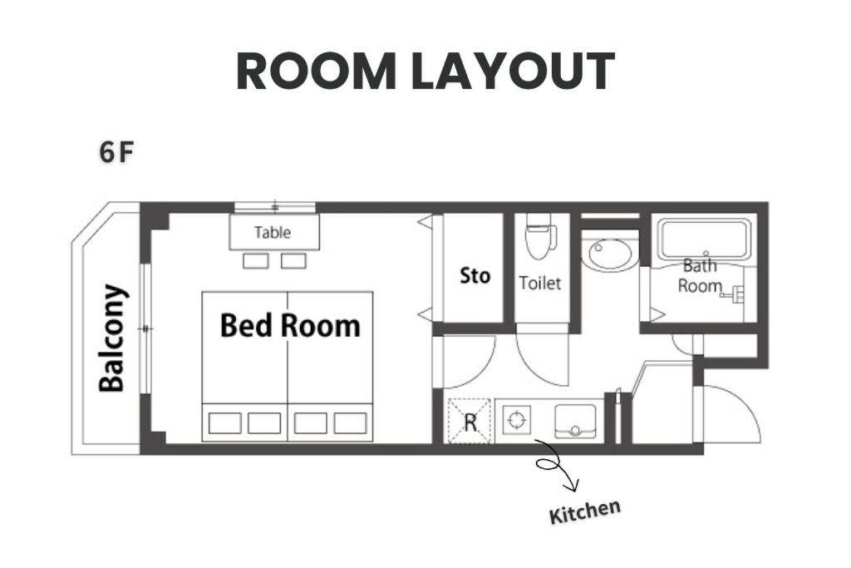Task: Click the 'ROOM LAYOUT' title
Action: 425,72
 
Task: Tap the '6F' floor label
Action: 116,152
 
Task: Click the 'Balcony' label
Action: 112,338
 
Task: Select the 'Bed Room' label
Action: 290,326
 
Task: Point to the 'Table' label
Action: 273,232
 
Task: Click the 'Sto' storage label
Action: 475,276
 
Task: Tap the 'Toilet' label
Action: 540,283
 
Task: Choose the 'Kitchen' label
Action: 584,511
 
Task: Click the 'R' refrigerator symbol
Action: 470,422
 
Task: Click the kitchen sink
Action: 575,422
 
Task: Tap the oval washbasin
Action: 611,255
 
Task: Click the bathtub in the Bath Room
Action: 705,240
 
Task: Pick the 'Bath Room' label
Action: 700,276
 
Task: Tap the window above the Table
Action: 274,207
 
